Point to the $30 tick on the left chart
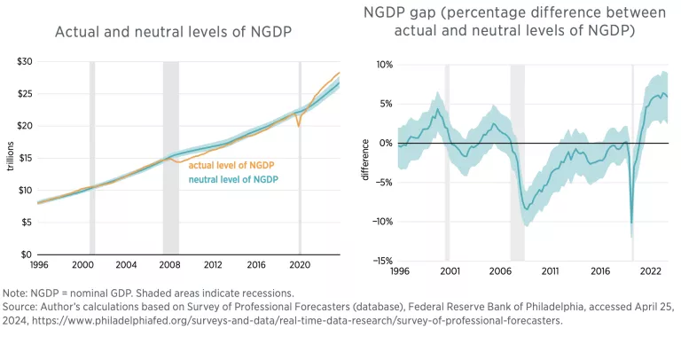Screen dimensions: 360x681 (x=24, y=61)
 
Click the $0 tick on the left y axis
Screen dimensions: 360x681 (x=27, y=254)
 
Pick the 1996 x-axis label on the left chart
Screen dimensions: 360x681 (x=38, y=265)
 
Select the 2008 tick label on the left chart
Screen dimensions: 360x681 (x=168, y=265)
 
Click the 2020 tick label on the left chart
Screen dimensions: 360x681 (x=299, y=265)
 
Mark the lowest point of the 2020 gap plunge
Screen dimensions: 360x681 (x=631, y=223)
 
